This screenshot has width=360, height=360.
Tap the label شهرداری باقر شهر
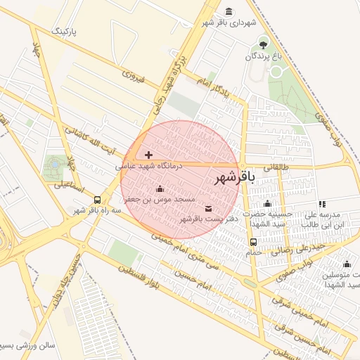[226, 23]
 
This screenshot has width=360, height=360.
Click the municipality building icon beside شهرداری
[230, 11]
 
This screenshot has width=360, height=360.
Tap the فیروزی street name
[133, 76]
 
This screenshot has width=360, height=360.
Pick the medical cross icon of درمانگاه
[148, 154]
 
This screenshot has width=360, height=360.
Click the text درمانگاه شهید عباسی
[149, 165]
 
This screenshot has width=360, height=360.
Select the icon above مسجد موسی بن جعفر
[159, 188]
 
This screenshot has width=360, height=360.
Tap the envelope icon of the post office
[209, 208]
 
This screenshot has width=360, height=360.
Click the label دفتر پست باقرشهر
[210, 219]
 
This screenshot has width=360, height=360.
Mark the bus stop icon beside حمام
[252, 242]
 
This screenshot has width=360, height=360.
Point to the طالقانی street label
[276, 168]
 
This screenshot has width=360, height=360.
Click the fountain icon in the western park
[53, 165]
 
